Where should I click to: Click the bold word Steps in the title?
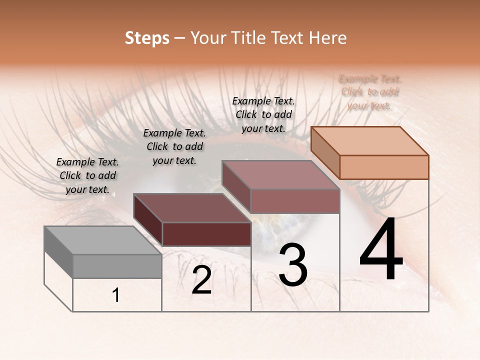click(x=147, y=38)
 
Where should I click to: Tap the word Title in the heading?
click(x=247, y=38)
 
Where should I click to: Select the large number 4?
click(x=381, y=250)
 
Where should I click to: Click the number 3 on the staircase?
click(x=292, y=265)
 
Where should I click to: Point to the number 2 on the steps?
click(x=201, y=280)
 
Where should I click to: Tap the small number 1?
click(x=116, y=295)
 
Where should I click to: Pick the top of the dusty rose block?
click(x=280, y=175)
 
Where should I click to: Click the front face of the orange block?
click(x=384, y=167)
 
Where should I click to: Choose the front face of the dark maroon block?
click(x=206, y=234)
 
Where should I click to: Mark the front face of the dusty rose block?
click(x=295, y=201)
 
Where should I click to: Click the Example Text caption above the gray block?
click(x=87, y=175)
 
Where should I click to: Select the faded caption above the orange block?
click(x=370, y=92)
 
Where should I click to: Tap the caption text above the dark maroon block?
click(x=174, y=146)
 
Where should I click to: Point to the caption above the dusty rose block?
click(x=263, y=114)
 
